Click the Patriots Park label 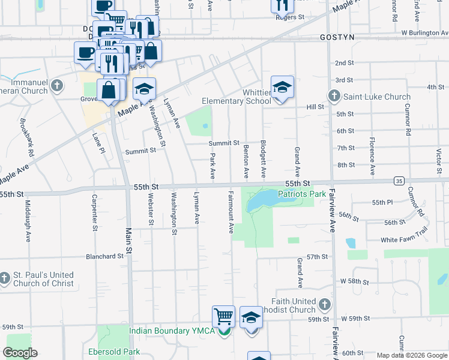tap(302, 194)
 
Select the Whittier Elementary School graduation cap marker tap(282, 88)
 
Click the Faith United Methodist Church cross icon tap(325, 305)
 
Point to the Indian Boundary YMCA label tap(172, 331)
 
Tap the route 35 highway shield tap(399, 180)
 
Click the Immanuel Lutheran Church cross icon tap(57, 85)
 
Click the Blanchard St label tap(104, 256)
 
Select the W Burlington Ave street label tap(424, 32)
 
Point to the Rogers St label tap(286, 17)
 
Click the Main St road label tap(128, 240)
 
